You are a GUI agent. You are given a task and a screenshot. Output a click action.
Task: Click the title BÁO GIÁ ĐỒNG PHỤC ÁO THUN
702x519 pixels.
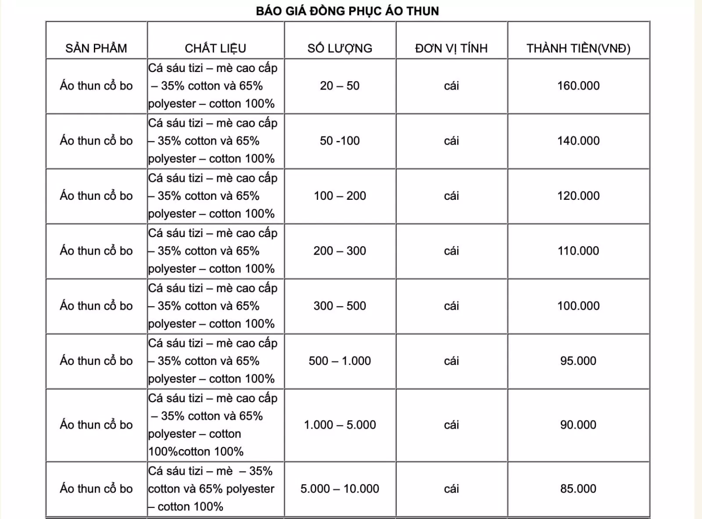[347, 11]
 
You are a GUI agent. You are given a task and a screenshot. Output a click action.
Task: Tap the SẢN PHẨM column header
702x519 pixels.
[96, 48]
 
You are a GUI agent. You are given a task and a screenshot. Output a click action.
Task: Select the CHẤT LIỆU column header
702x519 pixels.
[215, 48]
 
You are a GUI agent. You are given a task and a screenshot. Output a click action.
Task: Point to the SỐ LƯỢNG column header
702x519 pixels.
[340, 48]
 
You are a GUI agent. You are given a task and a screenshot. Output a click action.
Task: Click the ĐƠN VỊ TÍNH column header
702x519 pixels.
[451, 48]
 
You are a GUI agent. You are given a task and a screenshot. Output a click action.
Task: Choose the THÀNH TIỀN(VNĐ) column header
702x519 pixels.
[578, 48]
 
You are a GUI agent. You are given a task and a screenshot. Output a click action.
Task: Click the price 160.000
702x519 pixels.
[578, 86]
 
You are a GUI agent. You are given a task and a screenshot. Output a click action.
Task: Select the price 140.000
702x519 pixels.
[578, 141]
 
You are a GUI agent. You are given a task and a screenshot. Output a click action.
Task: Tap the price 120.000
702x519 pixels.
[578, 196]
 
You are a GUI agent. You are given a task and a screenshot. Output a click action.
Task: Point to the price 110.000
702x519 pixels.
[578, 251]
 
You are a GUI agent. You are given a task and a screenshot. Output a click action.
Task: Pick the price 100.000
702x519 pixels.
[578, 306]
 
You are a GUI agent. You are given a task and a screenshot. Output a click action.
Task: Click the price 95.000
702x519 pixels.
[578, 361]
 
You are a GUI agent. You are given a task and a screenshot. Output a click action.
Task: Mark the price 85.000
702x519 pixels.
[578, 489]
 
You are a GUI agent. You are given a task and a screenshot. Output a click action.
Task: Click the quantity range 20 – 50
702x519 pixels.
[340, 86]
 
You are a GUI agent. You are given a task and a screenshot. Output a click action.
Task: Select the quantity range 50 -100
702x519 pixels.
[340, 141]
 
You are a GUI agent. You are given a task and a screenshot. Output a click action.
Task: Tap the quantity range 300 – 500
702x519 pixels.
[340, 306]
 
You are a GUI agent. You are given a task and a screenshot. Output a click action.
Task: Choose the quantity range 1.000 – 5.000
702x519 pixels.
[340, 425]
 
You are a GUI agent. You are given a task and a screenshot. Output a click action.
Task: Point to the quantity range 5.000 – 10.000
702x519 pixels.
[340, 489]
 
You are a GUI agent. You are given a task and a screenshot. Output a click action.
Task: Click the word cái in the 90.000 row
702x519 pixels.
[451, 425]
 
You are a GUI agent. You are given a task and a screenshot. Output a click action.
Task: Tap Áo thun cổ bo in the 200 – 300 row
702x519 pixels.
[96, 251]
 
